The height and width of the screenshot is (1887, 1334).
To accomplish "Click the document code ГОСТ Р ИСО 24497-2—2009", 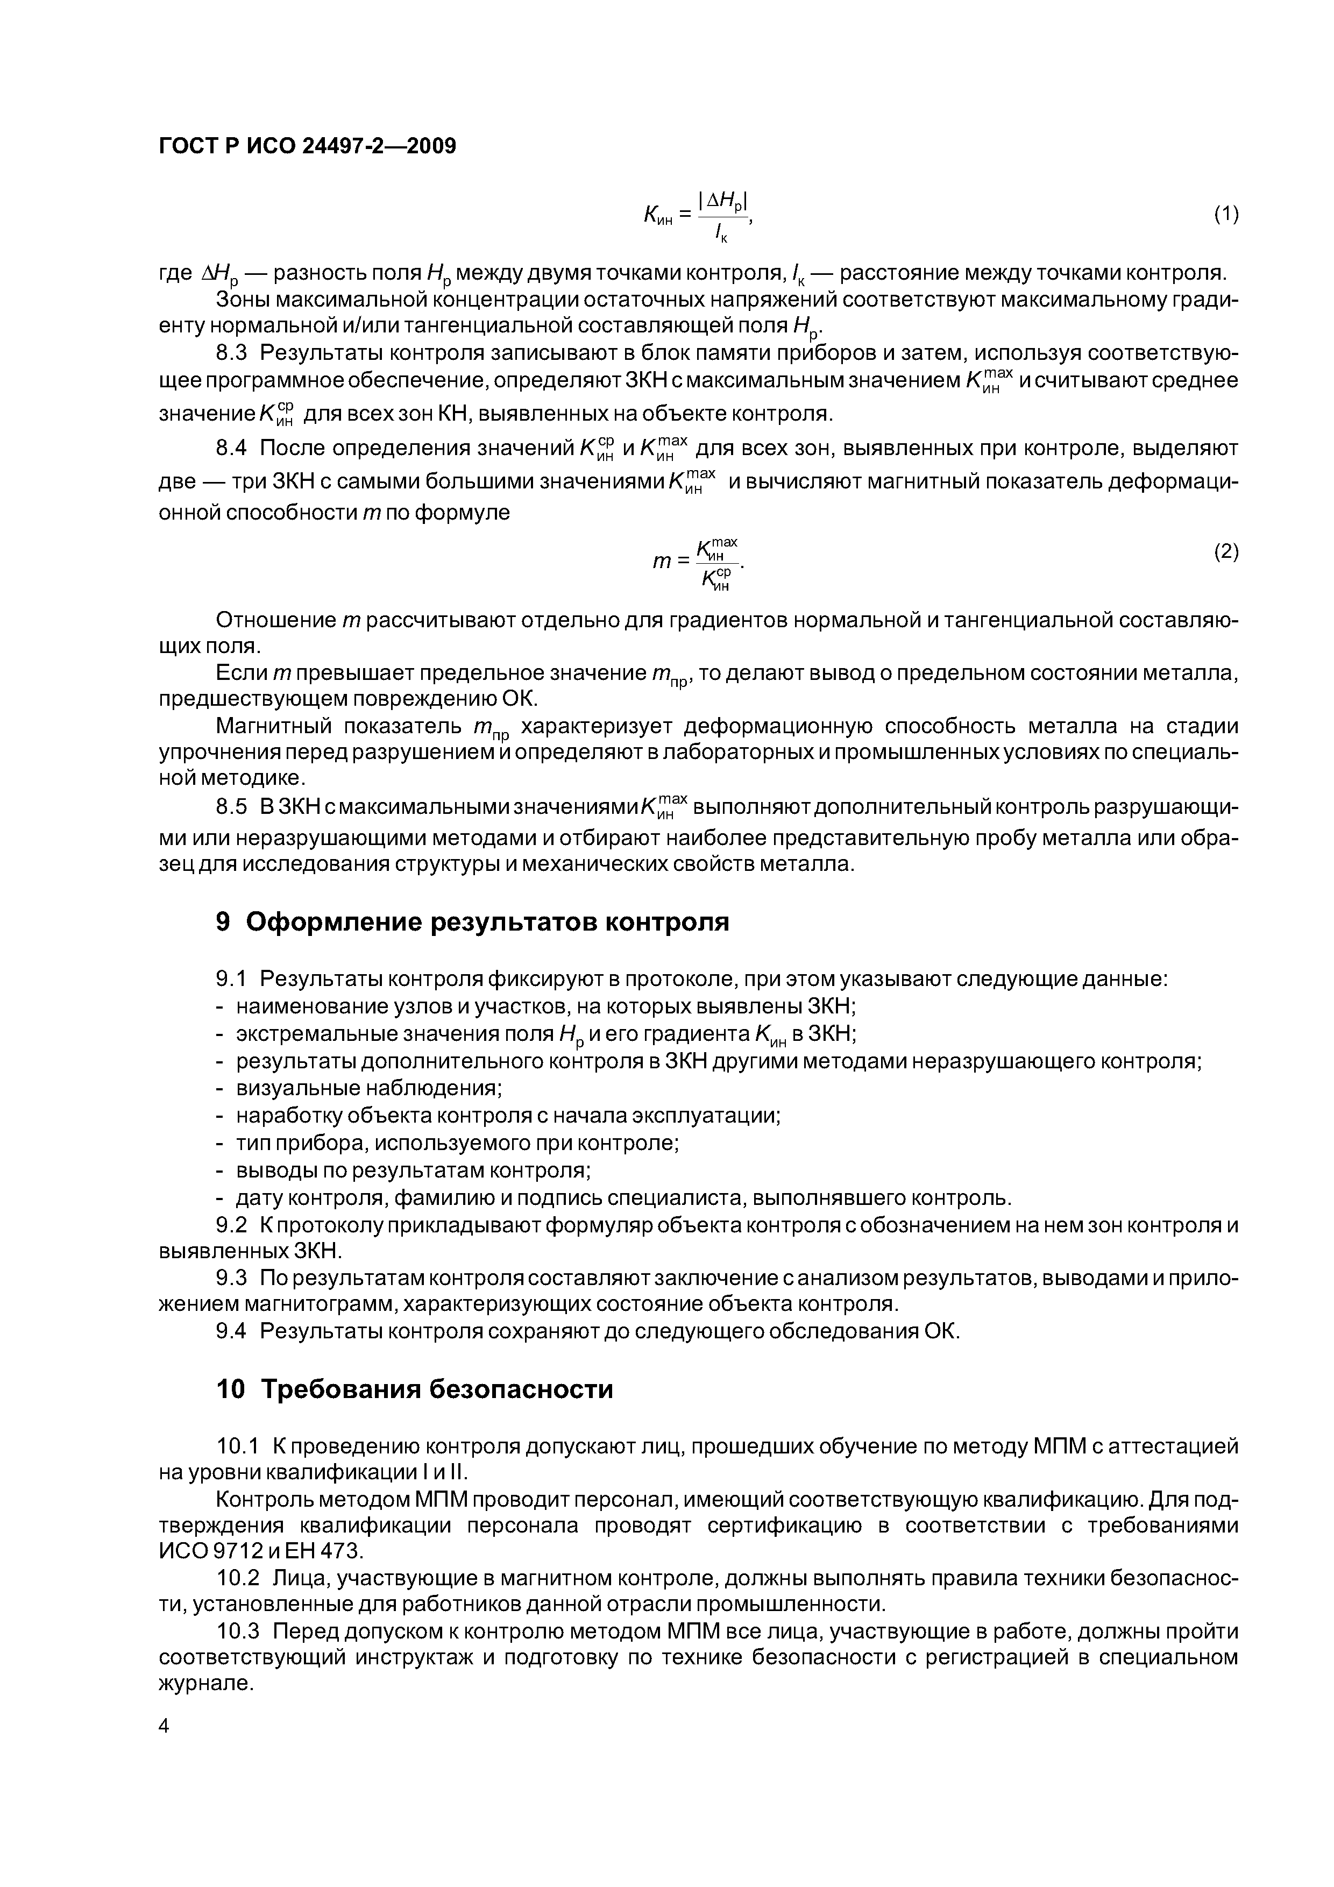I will (307, 146).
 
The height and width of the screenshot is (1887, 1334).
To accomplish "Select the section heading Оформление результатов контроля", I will (487, 922).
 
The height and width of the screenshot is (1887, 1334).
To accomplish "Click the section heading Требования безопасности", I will (437, 1389).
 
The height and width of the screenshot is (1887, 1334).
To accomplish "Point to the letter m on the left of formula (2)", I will (662, 562).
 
